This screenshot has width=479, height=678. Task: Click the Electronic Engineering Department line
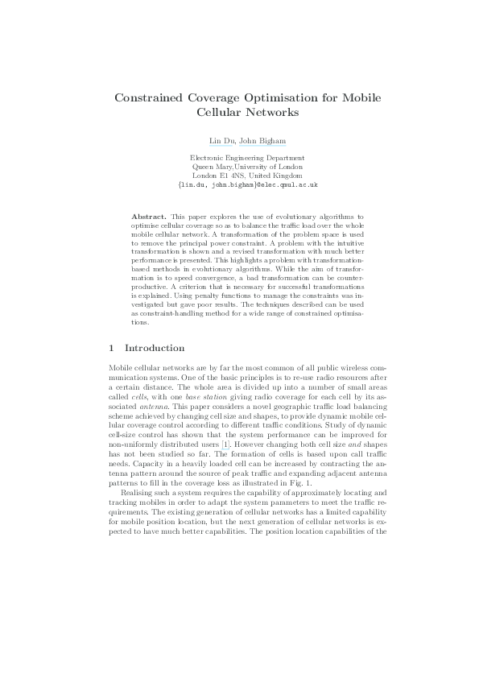[x=246, y=159]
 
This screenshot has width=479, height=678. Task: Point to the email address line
[x=247, y=184]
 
